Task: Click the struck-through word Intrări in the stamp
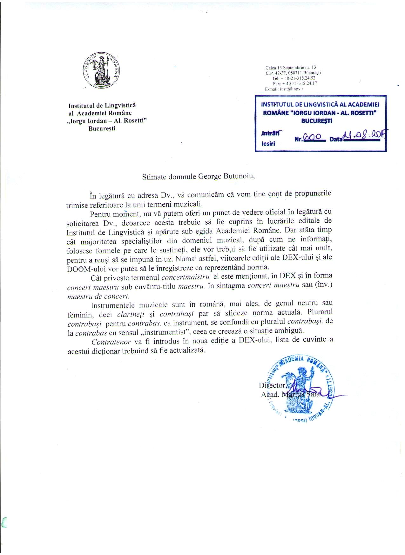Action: coord(271,134)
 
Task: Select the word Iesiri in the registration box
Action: coord(268,143)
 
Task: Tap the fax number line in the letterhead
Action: coord(295,84)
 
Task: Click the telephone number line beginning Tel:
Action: coord(294,78)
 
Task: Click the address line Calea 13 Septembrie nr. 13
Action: coord(291,68)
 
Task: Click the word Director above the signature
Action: coord(272,385)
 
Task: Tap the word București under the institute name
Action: coord(102,128)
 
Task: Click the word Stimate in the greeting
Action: coord(154,177)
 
